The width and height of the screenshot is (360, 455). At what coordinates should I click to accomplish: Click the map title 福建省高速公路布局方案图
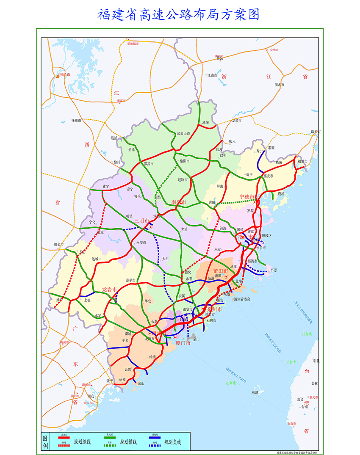click(178, 15)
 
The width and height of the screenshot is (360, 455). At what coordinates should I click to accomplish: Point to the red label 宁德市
click(246, 196)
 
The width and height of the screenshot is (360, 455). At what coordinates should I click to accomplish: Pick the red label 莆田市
click(220, 270)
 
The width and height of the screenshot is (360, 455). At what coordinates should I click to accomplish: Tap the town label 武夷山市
click(183, 134)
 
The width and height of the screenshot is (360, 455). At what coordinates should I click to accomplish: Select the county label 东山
click(141, 383)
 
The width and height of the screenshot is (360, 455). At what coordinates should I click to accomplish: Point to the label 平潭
click(274, 270)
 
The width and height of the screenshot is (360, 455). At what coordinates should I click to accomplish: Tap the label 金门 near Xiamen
click(196, 339)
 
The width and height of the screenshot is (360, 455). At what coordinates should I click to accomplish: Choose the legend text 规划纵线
click(82, 442)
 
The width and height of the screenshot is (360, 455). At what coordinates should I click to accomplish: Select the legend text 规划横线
click(128, 442)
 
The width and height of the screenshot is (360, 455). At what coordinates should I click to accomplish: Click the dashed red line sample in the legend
click(64, 445)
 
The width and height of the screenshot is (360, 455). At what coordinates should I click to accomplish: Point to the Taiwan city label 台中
click(291, 362)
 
